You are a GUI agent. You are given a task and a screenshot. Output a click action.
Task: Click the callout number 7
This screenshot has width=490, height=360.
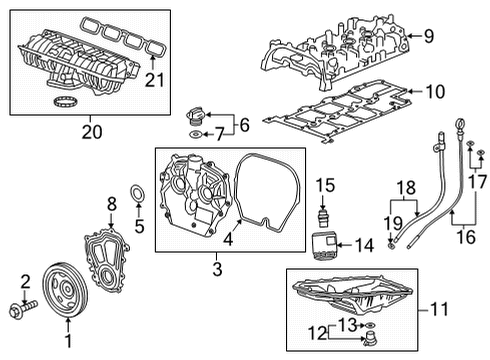[x=217, y=135]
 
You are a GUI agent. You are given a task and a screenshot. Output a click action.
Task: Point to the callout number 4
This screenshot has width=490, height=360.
[x=230, y=239]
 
